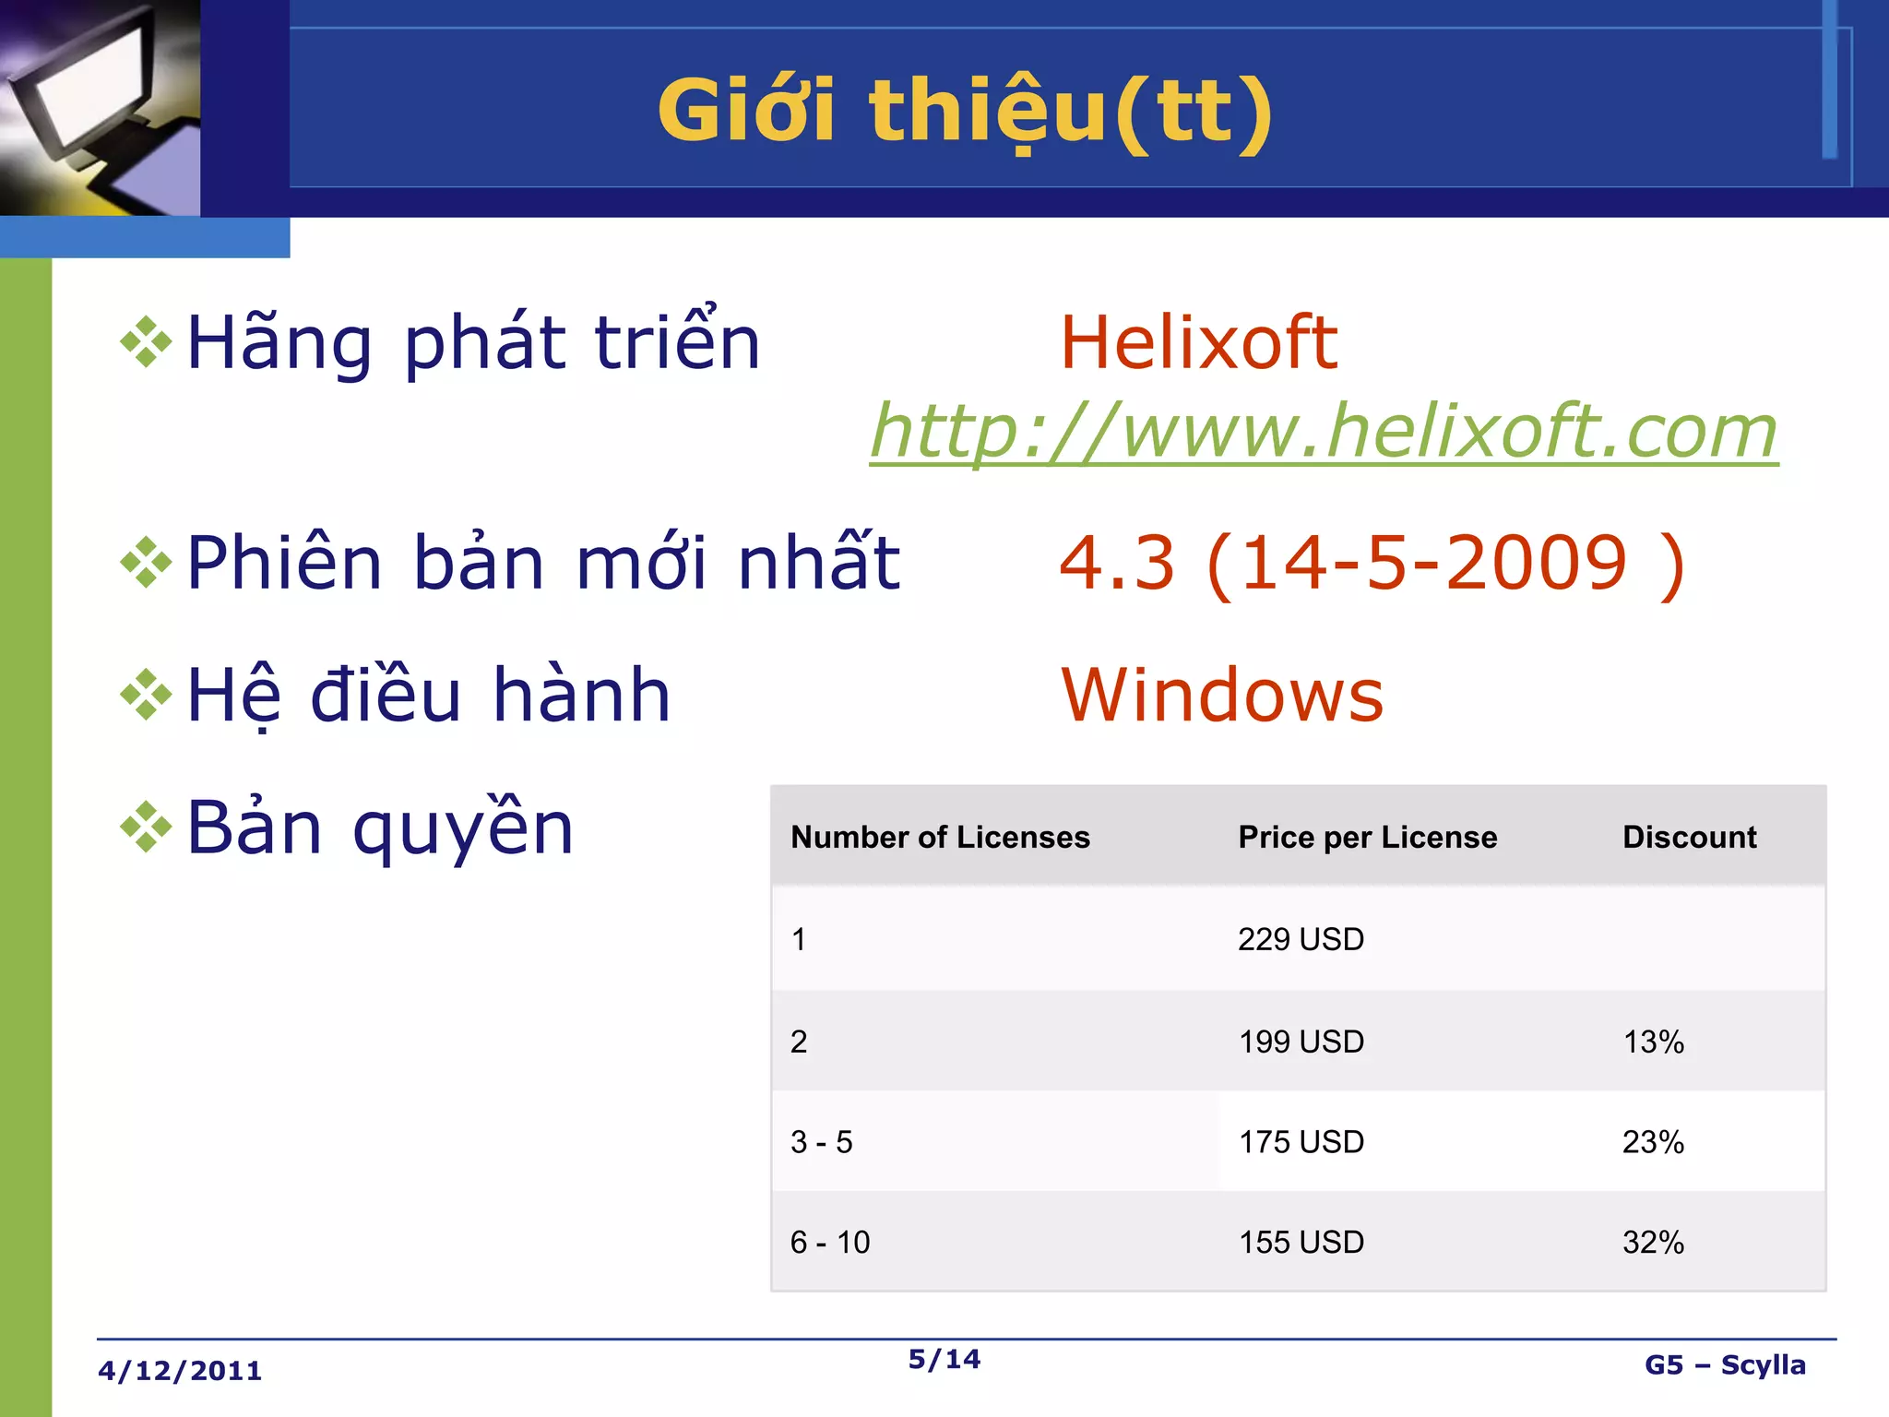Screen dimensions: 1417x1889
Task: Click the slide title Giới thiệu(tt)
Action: (965, 111)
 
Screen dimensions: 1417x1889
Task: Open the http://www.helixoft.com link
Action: (1324, 431)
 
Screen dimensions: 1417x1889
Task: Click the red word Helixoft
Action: (1198, 342)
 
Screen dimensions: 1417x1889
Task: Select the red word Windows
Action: (1222, 695)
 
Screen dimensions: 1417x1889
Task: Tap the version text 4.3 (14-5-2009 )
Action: (1372, 563)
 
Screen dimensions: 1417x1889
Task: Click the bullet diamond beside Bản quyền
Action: (146, 827)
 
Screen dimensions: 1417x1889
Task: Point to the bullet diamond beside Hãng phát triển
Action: (146, 342)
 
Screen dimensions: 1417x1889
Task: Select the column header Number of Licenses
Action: (940, 837)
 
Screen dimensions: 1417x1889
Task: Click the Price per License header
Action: (1367, 837)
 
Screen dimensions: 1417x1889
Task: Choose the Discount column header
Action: (1689, 837)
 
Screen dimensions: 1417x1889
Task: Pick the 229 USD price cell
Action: (1301, 939)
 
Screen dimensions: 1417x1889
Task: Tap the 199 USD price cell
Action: (1301, 1042)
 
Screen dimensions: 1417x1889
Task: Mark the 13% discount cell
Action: (1653, 1042)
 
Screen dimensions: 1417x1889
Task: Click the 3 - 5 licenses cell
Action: (821, 1142)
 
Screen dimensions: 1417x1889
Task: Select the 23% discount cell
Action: (1653, 1142)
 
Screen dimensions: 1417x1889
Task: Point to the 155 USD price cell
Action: (1301, 1243)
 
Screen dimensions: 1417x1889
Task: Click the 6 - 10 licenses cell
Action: (829, 1243)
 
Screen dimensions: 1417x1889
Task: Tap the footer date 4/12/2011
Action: (180, 1371)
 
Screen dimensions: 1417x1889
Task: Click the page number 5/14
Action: (944, 1359)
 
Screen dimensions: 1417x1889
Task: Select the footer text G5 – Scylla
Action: (1725, 1365)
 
